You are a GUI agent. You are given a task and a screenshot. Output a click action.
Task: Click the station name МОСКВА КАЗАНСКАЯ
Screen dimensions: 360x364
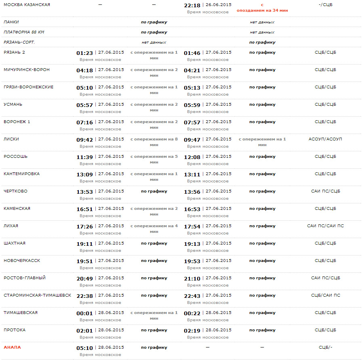pos(27,4)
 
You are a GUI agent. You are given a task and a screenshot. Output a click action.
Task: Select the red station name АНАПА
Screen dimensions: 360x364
pos(12,347)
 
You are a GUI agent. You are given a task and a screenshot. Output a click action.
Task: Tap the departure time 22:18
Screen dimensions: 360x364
pos(192,5)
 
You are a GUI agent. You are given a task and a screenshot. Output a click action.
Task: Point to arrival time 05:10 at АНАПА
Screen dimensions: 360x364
pos(85,348)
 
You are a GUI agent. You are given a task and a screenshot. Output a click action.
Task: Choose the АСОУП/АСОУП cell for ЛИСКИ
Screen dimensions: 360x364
pos(325,139)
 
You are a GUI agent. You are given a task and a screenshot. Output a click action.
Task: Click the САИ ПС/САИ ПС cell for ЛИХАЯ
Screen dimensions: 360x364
pos(325,226)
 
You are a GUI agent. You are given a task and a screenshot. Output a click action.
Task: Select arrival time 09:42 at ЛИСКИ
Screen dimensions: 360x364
pos(85,140)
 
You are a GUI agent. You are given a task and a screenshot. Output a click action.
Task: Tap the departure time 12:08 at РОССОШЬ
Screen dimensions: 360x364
pos(192,157)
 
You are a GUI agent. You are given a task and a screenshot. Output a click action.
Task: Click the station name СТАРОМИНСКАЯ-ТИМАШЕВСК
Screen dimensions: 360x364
pos(37,295)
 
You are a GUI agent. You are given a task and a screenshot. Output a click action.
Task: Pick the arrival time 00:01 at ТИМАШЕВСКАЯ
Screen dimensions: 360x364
pos(85,313)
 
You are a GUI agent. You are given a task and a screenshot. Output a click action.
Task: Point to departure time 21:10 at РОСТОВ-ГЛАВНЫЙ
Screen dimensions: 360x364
pos(192,278)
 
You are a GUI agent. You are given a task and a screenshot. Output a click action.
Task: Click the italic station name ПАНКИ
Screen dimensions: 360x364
pos(11,22)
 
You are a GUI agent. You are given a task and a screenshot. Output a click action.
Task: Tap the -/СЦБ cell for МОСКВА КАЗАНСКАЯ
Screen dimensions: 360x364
pos(325,4)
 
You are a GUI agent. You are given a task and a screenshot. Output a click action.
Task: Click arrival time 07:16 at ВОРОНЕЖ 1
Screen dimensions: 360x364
pos(85,122)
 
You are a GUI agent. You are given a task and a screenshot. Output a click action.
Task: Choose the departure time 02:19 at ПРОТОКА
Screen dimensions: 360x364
pos(192,331)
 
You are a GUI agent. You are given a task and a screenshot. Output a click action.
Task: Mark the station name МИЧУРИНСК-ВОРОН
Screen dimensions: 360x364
pos(27,69)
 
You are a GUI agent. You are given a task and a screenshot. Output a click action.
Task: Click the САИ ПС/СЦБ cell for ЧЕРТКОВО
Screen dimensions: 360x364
pos(325,191)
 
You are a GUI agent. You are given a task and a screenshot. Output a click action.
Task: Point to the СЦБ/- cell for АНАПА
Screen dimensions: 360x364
pos(325,347)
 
